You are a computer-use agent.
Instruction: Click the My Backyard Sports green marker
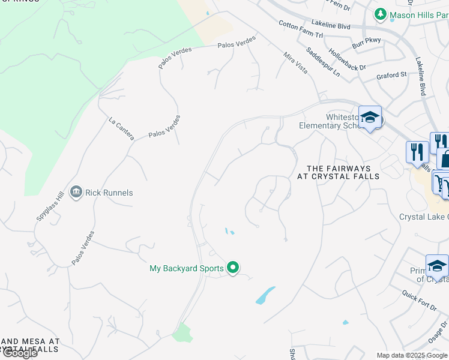(x=234, y=268)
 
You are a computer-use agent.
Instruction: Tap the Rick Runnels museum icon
(x=76, y=192)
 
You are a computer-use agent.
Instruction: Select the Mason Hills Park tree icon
(x=380, y=14)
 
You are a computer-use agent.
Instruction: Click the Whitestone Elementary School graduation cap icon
(x=370, y=118)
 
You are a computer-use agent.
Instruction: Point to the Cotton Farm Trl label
(x=301, y=30)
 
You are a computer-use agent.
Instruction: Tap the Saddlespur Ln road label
(x=322, y=62)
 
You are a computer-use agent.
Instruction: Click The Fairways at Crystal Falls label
(x=339, y=173)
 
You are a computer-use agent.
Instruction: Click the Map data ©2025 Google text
(x=411, y=355)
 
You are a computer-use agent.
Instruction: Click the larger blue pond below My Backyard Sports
(x=265, y=295)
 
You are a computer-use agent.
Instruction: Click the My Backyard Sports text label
(x=186, y=268)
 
